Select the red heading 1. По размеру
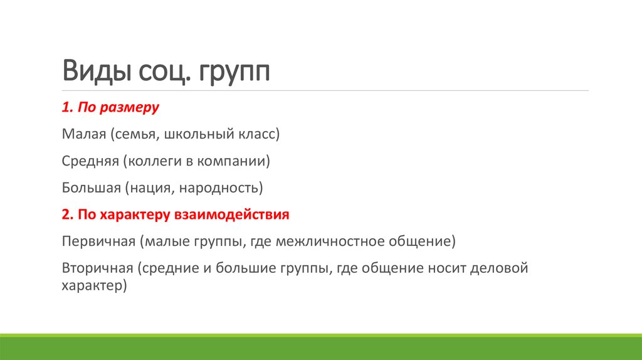click(x=110, y=107)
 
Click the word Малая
click(x=83, y=134)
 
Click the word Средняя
click(x=90, y=161)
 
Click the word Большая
click(x=90, y=188)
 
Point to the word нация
click(x=150, y=188)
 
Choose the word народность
click(x=219, y=188)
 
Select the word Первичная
click(x=97, y=241)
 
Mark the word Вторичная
click(x=97, y=268)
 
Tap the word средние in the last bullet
click(x=171, y=268)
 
